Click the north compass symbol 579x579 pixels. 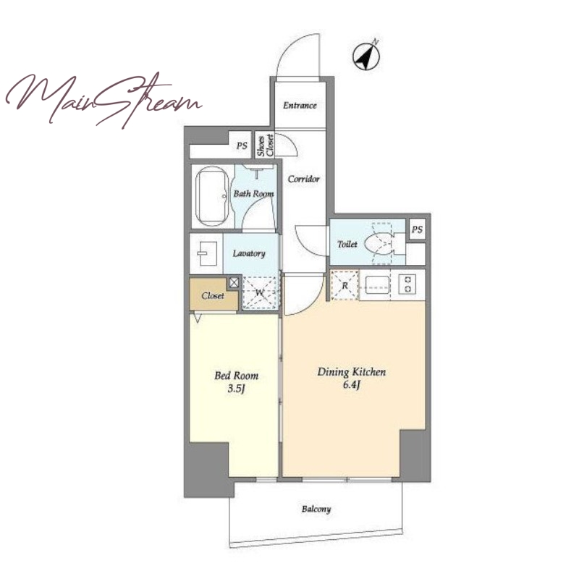coord(366,56)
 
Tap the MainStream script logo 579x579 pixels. coord(103,100)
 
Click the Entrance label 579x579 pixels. coord(300,106)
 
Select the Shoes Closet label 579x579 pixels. coord(266,145)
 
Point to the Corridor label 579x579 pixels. coord(303,179)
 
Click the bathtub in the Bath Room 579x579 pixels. coord(212,197)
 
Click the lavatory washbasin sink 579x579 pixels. coord(206,254)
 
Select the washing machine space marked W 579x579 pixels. coord(260,293)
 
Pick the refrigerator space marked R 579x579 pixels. coord(345,285)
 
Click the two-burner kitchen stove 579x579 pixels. coord(408,284)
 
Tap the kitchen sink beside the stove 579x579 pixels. coord(378,284)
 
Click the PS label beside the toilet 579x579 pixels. coord(417,229)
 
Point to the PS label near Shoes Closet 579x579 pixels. coord(242,145)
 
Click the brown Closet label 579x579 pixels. coord(213,296)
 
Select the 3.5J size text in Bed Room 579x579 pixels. coord(237,389)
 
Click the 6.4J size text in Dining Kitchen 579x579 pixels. coord(351,385)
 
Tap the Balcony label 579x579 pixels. coord(316,510)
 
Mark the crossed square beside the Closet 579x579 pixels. coord(234,283)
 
